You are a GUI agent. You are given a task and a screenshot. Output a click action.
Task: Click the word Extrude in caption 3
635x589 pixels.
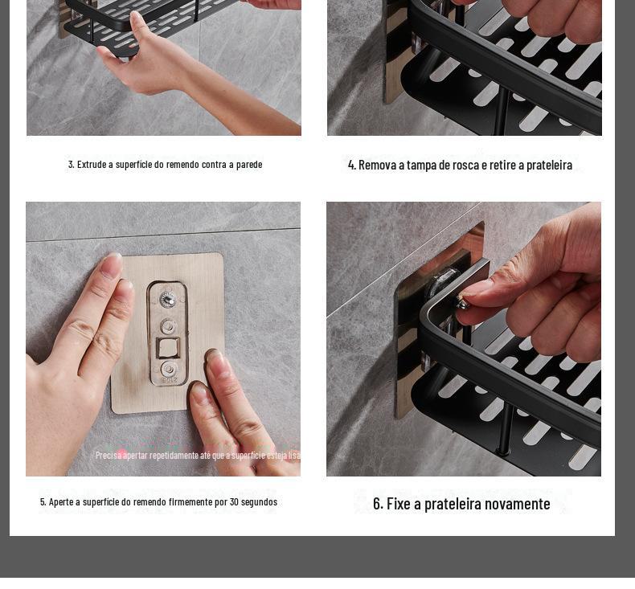pyautogui.click(x=92, y=165)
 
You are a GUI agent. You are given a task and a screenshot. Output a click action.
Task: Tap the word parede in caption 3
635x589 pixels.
pyautogui.click(x=249, y=165)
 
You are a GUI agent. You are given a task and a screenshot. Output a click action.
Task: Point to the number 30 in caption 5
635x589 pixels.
pyautogui.click(x=234, y=502)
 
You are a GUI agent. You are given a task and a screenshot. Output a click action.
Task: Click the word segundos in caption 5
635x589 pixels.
pyautogui.click(x=259, y=502)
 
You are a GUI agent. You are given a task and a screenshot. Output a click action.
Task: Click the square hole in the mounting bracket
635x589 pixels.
pyautogui.click(x=168, y=348)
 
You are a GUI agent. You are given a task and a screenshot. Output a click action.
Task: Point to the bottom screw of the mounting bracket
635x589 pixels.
pyautogui.click(x=169, y=369)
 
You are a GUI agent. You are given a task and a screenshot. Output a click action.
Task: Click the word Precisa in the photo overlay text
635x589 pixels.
pyautogui.click(x=109, y=456)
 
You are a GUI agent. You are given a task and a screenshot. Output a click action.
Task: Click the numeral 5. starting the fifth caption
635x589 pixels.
pyautogui.click(x=43, y=502)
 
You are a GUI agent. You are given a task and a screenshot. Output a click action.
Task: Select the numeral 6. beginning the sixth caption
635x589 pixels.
pyautogui.click(x=378, y=504)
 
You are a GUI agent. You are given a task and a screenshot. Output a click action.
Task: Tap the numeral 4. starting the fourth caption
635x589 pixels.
pyautogui.click(x=352, y=166)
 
